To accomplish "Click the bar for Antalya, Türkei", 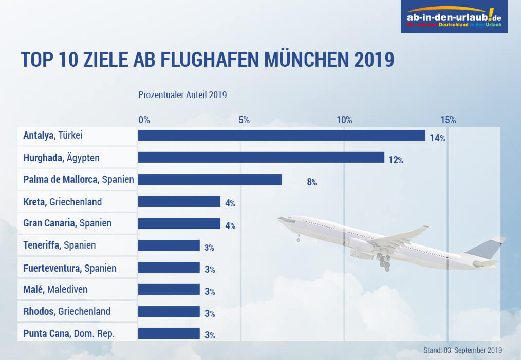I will tap(282, 136).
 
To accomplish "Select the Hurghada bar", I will tap(261, 158).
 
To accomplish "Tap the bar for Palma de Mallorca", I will tap(210, 179).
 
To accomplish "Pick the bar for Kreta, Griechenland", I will tap(179, 201).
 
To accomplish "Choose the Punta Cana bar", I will tap(169, 334).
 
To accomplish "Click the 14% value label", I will tap(437, 138).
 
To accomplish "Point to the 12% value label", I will tap(396, 160).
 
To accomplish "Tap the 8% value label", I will tap(312, 182).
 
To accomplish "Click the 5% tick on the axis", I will tap(244, 120).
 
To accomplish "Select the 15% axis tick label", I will tap(448, 120).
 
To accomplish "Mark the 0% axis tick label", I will tap(144, 120).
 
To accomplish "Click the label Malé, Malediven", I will tap(55, 290).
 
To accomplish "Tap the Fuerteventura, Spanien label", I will tap(70, 268).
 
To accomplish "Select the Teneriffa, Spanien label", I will tap(60, 245).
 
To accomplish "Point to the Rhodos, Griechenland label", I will tap(67, 311).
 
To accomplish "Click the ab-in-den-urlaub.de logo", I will tap(454, 16).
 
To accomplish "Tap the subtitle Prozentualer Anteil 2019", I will tap(182, 95).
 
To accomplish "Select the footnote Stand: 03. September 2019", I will tap(463, 350).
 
